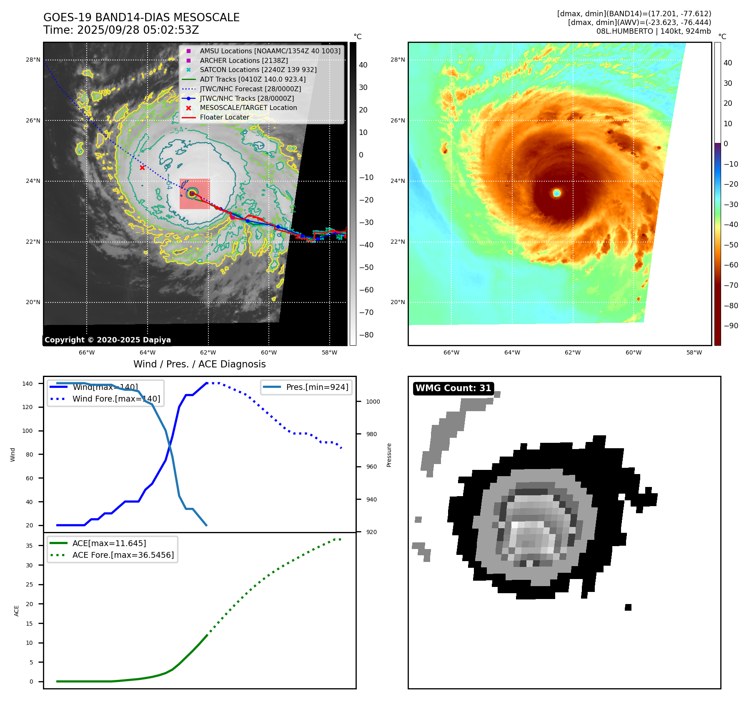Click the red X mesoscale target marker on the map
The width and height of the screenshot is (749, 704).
click(x=143, y=167)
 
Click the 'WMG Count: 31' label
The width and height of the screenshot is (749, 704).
click(x=453, y=388)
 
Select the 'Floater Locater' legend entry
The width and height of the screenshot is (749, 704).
click(x=224, y=117)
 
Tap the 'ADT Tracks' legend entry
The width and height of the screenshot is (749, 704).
click(x=253, y=79)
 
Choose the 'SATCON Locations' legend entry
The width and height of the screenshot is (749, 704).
click(x=258, y=70)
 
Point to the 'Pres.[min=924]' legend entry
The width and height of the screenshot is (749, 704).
click(x=317, y=387)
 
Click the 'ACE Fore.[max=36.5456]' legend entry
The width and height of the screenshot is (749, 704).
click(x=123, y=555)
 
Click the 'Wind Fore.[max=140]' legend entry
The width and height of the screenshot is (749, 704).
click(x=116, y=399)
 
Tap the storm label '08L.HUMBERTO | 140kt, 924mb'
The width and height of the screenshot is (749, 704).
click(x=654, y=31)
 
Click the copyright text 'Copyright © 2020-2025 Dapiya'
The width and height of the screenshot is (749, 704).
click(x=108, y=340)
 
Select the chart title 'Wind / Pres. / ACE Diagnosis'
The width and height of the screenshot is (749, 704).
click(x=199, y=364)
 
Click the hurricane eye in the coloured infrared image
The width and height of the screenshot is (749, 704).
click(x=557, y=193)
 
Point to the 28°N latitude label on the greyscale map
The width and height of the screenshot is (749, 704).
click(x=33, y=60)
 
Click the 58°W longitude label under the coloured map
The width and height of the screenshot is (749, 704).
click(x=694, y=352)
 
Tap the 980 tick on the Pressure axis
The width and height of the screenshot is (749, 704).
click(x=371, y=434)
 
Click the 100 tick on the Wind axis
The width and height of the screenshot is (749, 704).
click(x=28, y=431)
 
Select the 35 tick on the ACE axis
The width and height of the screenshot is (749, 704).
click(x=29, y=546)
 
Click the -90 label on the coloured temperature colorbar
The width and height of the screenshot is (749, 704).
click(x=731, y=326)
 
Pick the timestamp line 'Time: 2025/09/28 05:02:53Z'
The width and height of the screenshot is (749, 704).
click(x=121, y=30)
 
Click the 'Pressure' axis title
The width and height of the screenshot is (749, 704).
click(x=389, y=455)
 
